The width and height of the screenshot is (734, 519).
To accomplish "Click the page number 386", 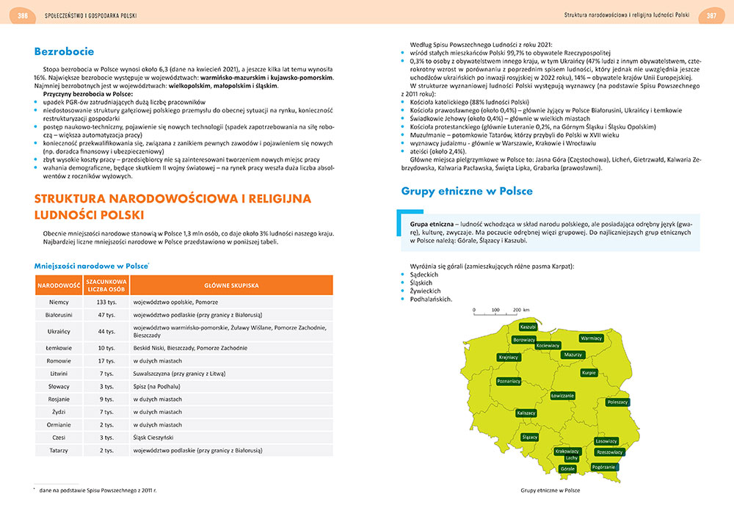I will coord(23,15).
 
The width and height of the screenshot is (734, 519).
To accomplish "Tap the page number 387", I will coord(711,15).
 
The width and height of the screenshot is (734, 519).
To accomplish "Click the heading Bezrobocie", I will coord(64,52).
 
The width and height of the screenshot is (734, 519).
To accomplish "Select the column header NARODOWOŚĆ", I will coord(58,285).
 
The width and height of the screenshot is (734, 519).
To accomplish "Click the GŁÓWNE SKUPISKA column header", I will coord(231,285).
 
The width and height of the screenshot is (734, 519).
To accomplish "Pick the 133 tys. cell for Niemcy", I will coord(106,302).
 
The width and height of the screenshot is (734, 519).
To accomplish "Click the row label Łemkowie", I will coord(58,348).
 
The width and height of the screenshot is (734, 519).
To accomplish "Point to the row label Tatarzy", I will coord(58,450).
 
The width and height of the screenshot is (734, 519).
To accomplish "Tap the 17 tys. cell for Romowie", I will coord(106,361).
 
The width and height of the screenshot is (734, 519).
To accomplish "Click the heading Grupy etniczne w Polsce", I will coord(467,192).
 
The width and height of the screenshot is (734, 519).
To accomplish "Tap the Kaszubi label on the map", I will coord(528,327).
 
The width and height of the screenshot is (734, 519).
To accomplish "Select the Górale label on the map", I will coord(567,468).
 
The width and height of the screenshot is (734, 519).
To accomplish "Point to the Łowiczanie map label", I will coord(562,396).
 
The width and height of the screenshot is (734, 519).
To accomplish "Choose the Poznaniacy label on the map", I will coord(509,382).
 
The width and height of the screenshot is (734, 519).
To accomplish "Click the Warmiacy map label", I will coord(591,338).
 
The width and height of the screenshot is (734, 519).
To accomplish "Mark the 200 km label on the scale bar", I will coord(521,311).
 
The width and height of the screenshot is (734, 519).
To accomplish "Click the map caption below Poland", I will coord(550,490).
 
